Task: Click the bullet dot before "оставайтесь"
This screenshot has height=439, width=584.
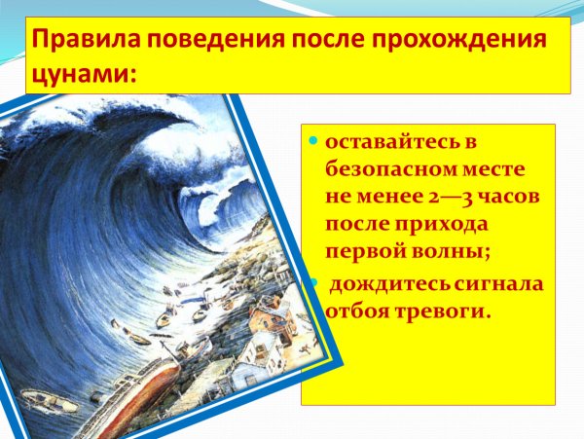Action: pyautogui.click(x=311, y=142)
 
